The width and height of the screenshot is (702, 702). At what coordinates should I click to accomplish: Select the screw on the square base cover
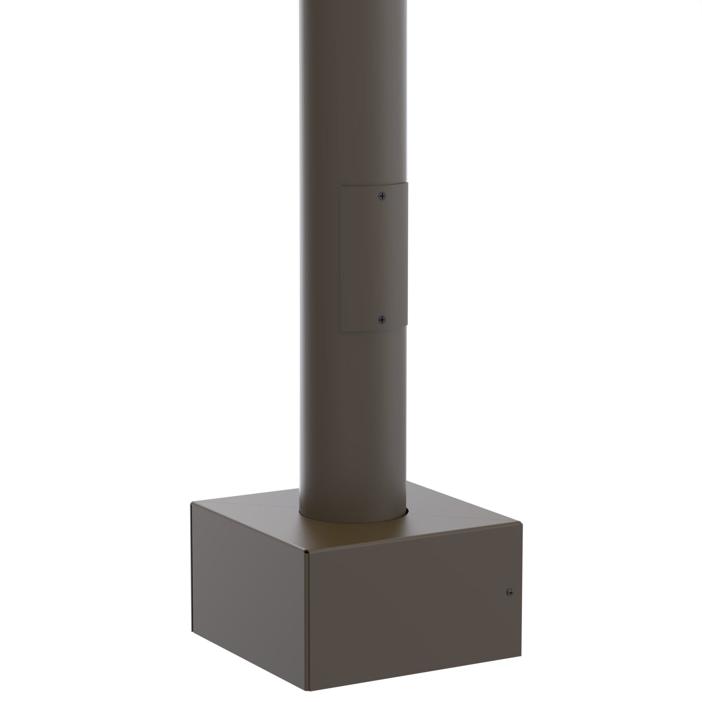point(509,592)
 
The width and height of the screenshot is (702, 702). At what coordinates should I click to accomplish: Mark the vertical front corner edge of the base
point(307,622)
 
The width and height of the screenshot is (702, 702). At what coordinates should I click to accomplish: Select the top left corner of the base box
point(191,504)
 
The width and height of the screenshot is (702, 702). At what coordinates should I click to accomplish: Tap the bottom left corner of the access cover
point(341,331)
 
